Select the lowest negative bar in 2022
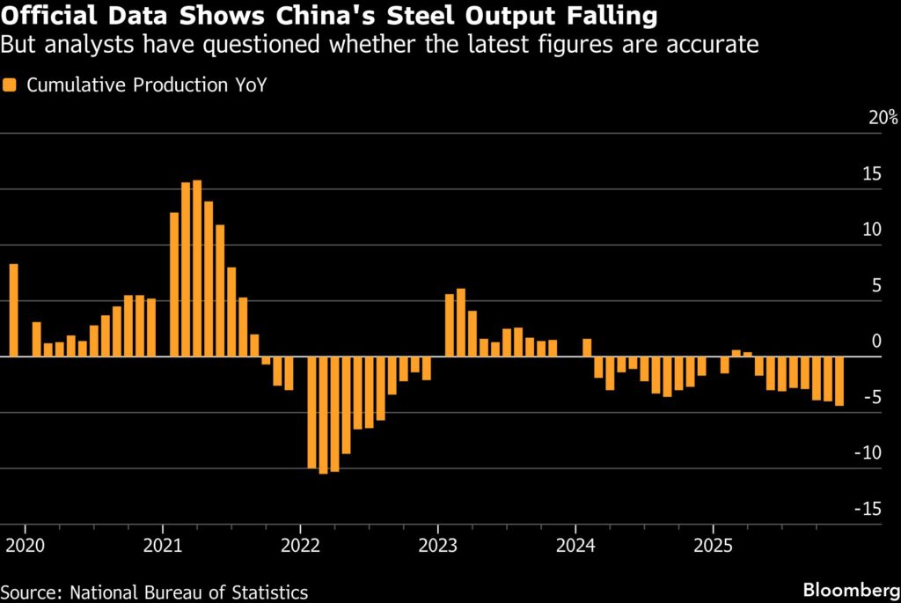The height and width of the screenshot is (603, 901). click(323, 415)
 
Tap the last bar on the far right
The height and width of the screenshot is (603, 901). click(839, 381)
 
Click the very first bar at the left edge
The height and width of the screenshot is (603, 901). click(13, 310)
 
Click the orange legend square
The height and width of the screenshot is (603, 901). click(10, 85)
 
